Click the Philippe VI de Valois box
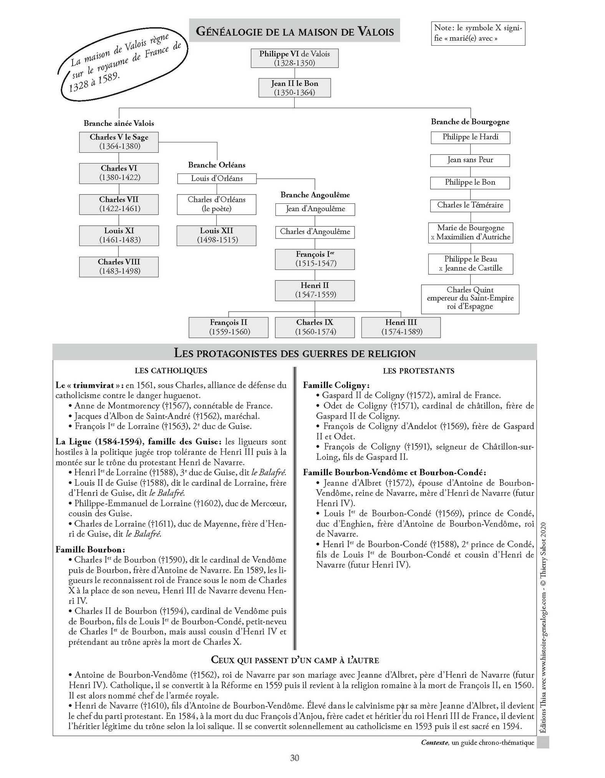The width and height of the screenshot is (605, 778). pyautogui.click(x=294, y=58)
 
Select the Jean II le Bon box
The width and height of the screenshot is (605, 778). pyautogui.click(x=294, y=88)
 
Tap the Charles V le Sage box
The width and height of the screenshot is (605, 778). pyautogui.click(x=119, y=142)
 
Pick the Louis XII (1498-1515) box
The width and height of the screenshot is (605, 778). pyautogui.click(x=217, y=235)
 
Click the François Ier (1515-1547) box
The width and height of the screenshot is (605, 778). pyautogui.click(x=315, y=259)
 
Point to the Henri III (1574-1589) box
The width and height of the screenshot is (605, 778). pyautogui.click(x=401, y=327)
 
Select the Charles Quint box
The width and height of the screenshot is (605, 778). pyautogui.click(x=470, y=298)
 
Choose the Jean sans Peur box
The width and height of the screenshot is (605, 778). pyautogui.click(x=470, y=160)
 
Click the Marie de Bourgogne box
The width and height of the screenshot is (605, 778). pyautogui.click(x=470, y=232)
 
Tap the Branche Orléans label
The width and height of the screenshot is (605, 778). pyautogui.click(x=217, y=165)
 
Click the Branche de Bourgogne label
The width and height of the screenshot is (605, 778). pyautogui.click(x=470, y=122)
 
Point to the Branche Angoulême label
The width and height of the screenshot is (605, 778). pyautogui.click(x=315, y=195)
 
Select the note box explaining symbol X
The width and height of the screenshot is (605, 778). pyautogui.click(x=478, y=33)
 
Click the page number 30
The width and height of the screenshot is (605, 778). pyautogui.click(x=295, y=758)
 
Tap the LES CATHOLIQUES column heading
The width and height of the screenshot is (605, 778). pyautogui.click(x=171, y=371)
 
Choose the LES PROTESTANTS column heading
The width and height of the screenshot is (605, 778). pyautogui.click(x=418, y=371)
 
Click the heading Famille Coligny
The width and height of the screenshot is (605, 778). pyautogui.click(x=336, y=385)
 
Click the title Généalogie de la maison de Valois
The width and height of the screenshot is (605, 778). pyautogui.click(x=295, y=31)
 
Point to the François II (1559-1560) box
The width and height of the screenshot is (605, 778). pyautogui.click(x=229, y=327)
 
